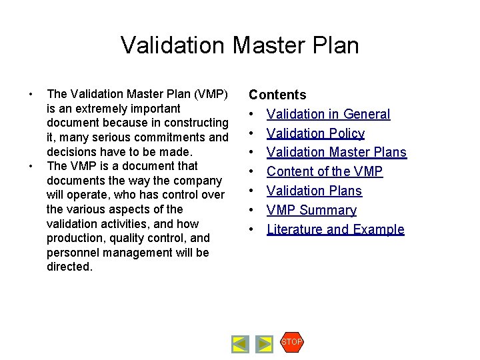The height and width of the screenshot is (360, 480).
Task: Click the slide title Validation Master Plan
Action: [240, 45]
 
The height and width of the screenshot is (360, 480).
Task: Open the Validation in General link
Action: [328, 115]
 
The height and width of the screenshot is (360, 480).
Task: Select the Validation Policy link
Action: [315, 133]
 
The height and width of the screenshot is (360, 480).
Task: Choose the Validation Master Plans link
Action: [336, 153]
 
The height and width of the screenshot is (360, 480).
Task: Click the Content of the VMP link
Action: [325, 172]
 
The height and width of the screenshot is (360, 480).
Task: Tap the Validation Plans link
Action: [314, 191]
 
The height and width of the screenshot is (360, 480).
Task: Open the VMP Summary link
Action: [311, 211]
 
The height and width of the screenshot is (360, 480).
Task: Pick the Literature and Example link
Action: [335, 230]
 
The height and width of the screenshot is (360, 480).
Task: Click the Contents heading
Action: [277, 95]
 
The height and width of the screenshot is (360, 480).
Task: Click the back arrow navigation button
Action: [240, 344]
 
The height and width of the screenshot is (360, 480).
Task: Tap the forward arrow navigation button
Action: [265, 344]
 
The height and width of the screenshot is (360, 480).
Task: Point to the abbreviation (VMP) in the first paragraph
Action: [211, 94]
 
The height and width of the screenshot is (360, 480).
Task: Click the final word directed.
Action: [69, 267]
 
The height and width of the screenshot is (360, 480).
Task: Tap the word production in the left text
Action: [75, 238]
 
